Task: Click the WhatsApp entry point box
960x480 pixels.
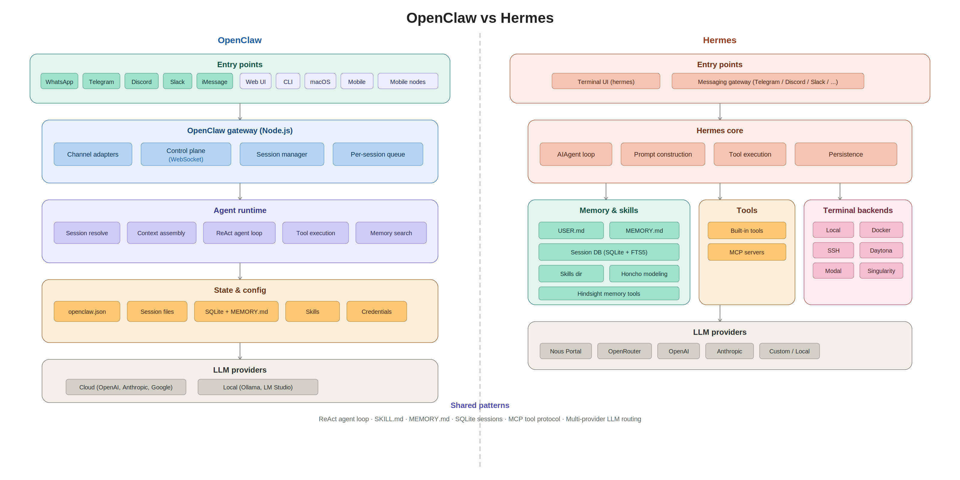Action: click(59, 81)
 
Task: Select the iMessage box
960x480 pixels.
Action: click(215, 81)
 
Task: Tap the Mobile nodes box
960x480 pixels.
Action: click(408, 81)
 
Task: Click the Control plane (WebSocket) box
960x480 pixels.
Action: click(186, 154)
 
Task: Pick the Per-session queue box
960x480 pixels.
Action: click(377, 154)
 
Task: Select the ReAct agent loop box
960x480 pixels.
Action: click(239, 233)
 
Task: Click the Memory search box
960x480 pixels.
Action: click(391, 233)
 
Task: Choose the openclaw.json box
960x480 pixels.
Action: click(87, 312)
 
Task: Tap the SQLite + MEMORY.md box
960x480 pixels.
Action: click(236, 312)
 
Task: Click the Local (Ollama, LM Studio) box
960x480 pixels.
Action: click(258, 387)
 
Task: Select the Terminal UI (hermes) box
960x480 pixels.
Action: click(606, 81)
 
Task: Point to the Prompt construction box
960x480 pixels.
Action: click(663, 154)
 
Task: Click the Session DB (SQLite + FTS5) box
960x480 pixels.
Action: click(609, 252)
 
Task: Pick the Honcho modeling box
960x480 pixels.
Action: click(644, 274)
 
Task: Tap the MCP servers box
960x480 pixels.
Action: click(746, 252)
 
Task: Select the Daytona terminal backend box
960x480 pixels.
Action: click(881, 250)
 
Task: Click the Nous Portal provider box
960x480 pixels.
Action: click(565, 351)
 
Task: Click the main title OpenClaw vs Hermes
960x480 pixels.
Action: click(480, 18)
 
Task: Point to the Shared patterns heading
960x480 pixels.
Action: click(480, 405)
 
